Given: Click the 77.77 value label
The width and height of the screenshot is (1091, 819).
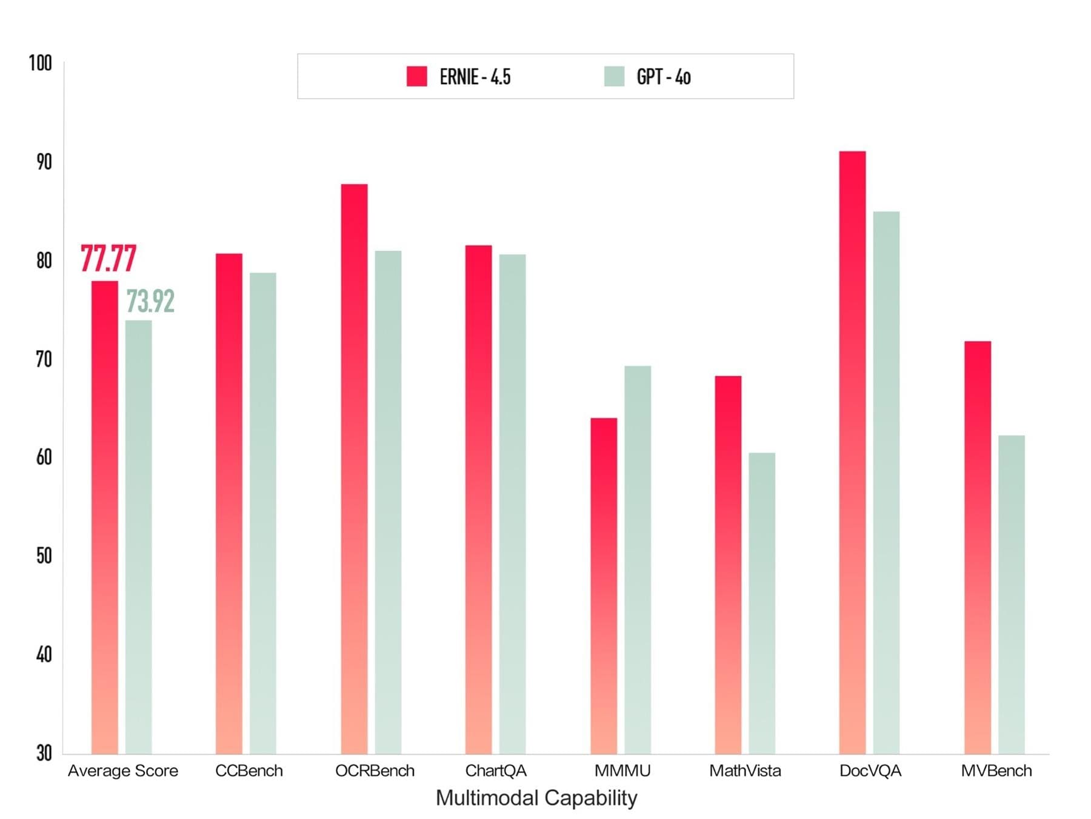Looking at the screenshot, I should click(x=108, y=259).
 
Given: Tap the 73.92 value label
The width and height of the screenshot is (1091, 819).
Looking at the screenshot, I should click(x=150, y=301).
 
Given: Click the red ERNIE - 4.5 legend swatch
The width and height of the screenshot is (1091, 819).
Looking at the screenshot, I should click(x=417, y=76).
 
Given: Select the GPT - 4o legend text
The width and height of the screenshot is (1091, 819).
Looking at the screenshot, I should click(x=664, y=77).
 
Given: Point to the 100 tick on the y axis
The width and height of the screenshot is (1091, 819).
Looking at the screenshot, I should click(x=41, y=63).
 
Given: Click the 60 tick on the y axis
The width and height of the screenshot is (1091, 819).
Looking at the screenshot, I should click(x=44, y=457).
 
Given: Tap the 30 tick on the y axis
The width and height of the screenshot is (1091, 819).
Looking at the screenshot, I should click(x=44, y=753).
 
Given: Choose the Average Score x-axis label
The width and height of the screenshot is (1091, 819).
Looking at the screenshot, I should click(x=123, y=771).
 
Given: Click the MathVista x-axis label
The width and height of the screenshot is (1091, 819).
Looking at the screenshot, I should click(x=745, y=771).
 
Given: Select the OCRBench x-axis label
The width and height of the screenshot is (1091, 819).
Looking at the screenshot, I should click(x=375, y=771).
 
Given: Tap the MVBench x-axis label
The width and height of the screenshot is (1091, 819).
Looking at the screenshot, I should click(x=996, y=771).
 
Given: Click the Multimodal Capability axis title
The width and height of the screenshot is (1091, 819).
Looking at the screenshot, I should click(x=536, y=798).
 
